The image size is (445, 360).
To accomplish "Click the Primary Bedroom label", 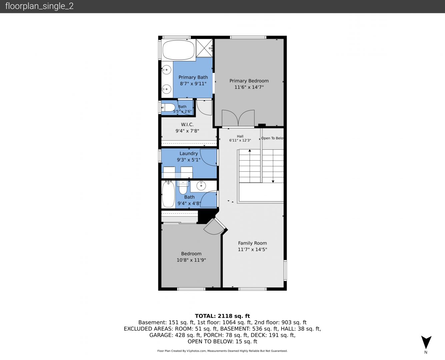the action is click(249, 81).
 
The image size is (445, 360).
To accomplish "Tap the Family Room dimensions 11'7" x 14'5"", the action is click(252, 249).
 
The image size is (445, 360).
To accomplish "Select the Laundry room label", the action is click(189, 154).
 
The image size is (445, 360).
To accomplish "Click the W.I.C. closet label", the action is click(187, 125).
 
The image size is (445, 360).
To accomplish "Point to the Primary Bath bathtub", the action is click(178, 50).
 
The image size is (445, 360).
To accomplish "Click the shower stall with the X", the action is click(204, 48).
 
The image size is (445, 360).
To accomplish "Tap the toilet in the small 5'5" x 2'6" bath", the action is click(168, 108).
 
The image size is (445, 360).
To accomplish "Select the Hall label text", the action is click(240, 136).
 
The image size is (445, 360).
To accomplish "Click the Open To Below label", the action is click(272, 138).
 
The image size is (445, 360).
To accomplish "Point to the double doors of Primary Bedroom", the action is click(238, 118).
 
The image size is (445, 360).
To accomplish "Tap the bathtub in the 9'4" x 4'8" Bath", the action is click(168, 194).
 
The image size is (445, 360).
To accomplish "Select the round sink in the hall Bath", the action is click(201, 186).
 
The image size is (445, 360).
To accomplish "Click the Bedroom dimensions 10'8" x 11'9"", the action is click(191, 260).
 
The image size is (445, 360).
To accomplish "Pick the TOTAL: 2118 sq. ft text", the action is click(222, 316).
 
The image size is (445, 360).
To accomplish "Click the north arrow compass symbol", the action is click(426, 342).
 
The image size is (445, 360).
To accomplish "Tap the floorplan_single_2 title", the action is click(39, 6).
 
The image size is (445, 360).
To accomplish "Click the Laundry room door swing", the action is click(208, 157).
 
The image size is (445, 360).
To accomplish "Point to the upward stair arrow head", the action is click(250, 150).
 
